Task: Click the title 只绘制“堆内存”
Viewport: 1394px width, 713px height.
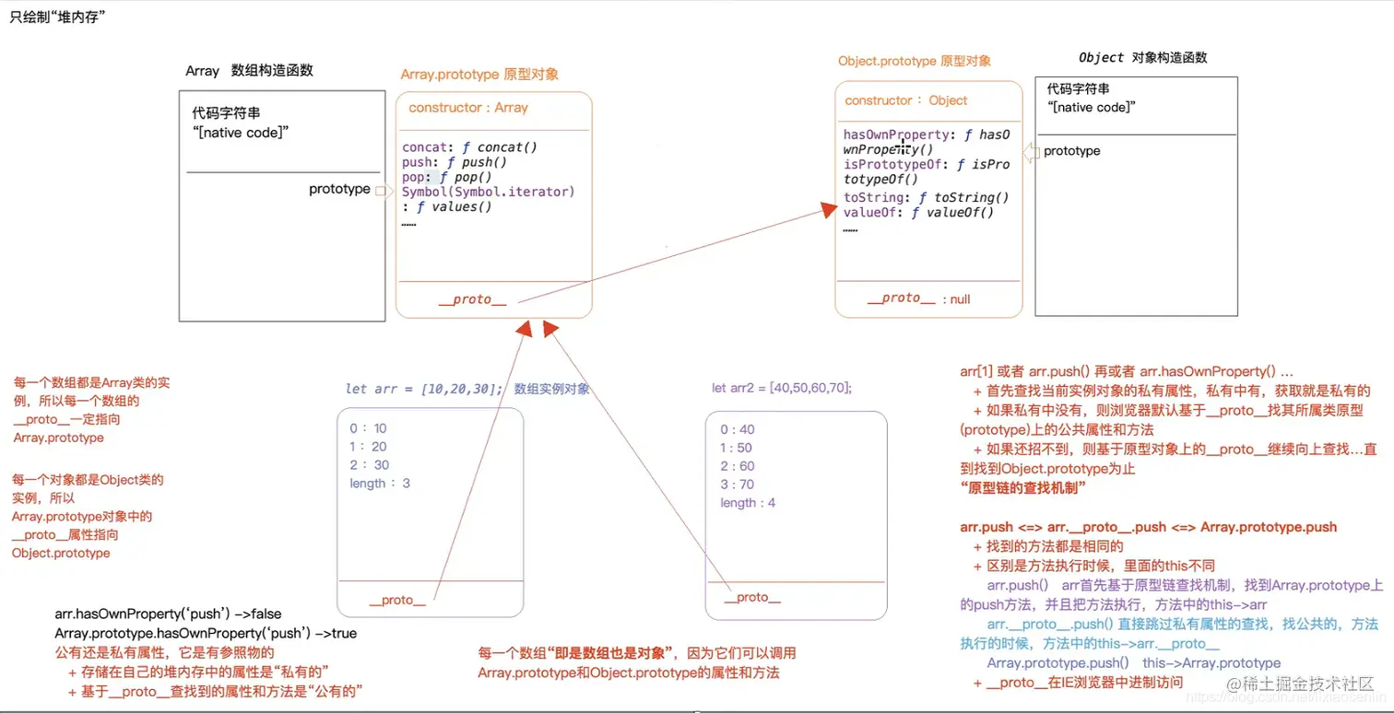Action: [x=57, y=16]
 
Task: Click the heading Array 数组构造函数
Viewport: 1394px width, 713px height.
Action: [x=249, y=71]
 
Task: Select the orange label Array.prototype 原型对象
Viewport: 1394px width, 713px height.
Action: [x=479, y=74]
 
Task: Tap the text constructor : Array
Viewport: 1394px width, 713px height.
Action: [x=468, y=108]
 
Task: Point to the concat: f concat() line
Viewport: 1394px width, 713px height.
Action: [x=469, y=146]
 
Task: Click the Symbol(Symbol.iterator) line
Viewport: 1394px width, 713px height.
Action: [x=488, y=192]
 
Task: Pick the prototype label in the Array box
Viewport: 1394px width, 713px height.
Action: [x=339, y=189]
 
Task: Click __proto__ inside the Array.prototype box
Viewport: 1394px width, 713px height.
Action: [x=472, y=299]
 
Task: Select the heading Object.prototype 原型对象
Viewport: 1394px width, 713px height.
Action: [x=915, y=61]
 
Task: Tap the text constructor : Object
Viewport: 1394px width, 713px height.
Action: [x=906, y=100]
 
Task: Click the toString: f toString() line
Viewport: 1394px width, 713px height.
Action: [x=927, y=197]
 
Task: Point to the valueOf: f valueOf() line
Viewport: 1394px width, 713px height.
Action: [x=919, y=213]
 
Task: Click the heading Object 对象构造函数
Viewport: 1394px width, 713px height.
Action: [x=1143, y=57]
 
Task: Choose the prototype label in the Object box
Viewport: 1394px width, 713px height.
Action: [x=1071, y=151]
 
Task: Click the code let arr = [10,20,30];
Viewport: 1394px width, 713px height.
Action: [x=424, y=389]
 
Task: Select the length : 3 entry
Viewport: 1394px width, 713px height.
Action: [x=380, y=484]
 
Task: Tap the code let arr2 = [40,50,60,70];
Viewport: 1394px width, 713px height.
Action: [x=782, y=388]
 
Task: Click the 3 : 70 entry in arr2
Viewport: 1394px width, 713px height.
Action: [x=737, y=485]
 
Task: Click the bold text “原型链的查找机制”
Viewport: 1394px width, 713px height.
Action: [x=1022, y=486]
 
